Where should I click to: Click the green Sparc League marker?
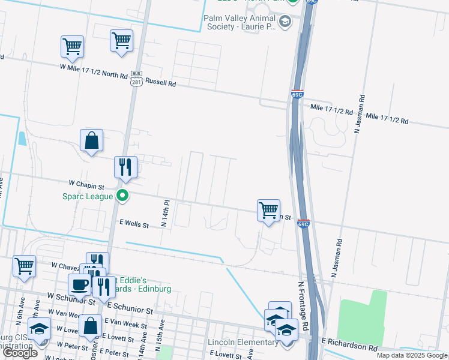coord(122,195)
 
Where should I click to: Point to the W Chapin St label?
coord(86,186)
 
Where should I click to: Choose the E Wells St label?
coord(134,224)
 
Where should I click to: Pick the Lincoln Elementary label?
coord(243,343)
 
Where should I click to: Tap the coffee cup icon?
coord(79,284)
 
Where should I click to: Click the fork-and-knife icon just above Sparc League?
coord(126,166)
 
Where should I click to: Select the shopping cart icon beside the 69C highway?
coord(268,211)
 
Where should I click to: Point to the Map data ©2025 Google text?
coord(412,355)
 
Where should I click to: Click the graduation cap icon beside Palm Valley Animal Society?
coord(285,23)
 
